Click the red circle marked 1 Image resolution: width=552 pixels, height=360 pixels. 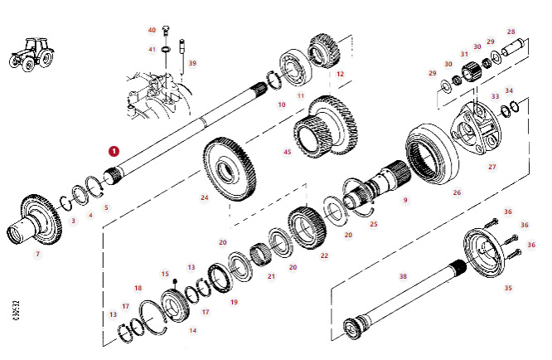pyautogui.click(x=114, y=152)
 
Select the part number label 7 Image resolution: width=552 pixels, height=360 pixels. pyautogui.click(x=36, y=253)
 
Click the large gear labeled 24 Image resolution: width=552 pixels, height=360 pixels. pyautogui.click(x=225, y=166)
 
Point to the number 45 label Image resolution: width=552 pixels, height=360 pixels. pyautogui.click(x=287, y=152)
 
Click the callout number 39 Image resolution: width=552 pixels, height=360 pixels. pyautogui.click(x=192, y=63)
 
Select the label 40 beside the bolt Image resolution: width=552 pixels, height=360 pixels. pyautogui.click(x=152, y=30)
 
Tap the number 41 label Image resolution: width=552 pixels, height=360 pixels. pyautogui.click(x=152, y=50)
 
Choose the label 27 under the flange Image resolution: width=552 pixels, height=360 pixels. pyautogui.click(x=491, y=167)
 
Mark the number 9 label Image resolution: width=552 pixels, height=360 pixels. pyautogui.click(x=405, y=200)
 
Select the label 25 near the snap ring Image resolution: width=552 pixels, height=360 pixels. pyautogui.click(x=373, y=224)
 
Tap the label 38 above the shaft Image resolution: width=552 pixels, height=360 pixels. pyautogui.click(x=403, y=276)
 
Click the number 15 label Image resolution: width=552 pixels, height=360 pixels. pyautogui.click(x=165, y=274)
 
